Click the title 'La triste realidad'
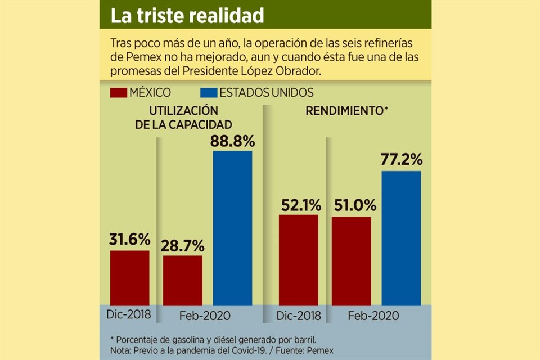[187, 16]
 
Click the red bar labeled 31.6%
[129, 277]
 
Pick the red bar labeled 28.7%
[183, 280]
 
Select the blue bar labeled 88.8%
[232, 228]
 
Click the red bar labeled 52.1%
[298, 260]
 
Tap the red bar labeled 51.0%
[352, 261]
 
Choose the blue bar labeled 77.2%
[401, 238]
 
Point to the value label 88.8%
[232, 141]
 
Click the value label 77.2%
[401, 160]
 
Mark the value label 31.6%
[129, 240]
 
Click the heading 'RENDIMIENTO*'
[348, 111]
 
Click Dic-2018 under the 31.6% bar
[129, 314]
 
